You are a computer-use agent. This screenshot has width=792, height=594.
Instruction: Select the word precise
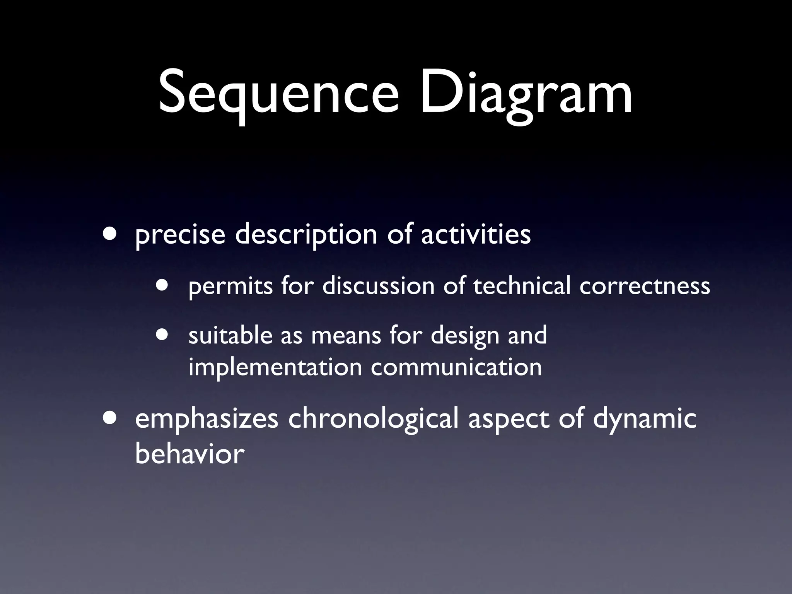click(180, 235)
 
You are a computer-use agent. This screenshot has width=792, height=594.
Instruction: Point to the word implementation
click(275, 367)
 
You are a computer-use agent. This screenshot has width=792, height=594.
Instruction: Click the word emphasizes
click(207, 419)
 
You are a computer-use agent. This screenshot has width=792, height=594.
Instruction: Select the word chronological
click(373, 419)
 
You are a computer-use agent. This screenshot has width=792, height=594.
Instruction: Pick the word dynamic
click(645, 419)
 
